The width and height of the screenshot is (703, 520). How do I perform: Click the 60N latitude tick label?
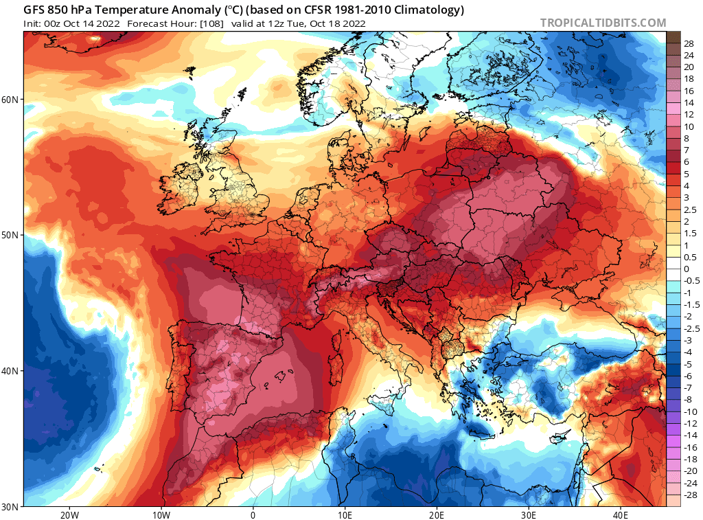pyautogui.click(x=10, y=100)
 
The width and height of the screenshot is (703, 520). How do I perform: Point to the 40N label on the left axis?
pyautogui.click(x=10, y=371)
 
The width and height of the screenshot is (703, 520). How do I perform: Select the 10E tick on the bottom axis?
pyautogui.click(x=345, y=514)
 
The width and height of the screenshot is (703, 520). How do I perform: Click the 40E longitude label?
pyautogui.click(x=621, y=514)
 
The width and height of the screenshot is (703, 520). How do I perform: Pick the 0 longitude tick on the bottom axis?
pyautogui.click(x=253, y=514)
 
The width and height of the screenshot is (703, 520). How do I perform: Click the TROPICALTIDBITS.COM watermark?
pyautogui.click(x=603, y=23)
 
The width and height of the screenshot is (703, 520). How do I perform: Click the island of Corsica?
pyautogui.click(x=338, y=337)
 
